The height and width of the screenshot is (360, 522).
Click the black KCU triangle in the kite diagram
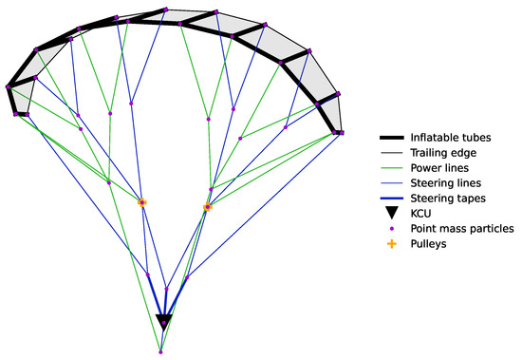coord(163,321)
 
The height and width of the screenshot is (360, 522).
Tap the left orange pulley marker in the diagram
coord(142,202)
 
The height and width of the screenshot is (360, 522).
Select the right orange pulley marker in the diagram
coord(206,206)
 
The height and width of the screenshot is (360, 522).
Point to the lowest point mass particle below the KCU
coord(160,352)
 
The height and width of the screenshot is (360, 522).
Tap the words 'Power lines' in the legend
coord(438,168)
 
